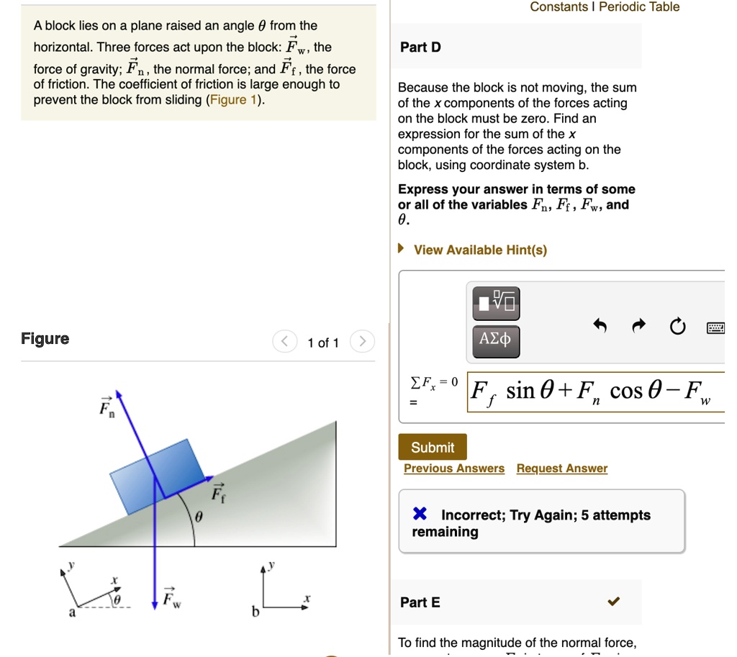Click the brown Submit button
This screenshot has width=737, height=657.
tap(432, 448)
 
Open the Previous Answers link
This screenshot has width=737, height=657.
tap(454, 468)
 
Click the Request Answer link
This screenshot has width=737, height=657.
tap(561, 468)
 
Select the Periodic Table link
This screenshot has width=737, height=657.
tap(639, 6)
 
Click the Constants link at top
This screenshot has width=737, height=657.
tap(559, 6)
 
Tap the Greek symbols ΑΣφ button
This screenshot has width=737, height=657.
tap(495, 338)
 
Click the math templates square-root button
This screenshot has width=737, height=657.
tap(495, 302)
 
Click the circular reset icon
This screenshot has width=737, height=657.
tap(677, 327)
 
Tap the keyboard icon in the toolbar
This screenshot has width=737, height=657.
tap(715, 328)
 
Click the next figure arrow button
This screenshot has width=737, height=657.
tap(362, 342)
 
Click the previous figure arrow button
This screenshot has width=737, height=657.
tap(285, 342)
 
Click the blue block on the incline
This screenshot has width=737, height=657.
tap(157, 476)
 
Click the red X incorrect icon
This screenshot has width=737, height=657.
tap(420, 515)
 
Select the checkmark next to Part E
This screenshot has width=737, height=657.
tap(613, 602)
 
